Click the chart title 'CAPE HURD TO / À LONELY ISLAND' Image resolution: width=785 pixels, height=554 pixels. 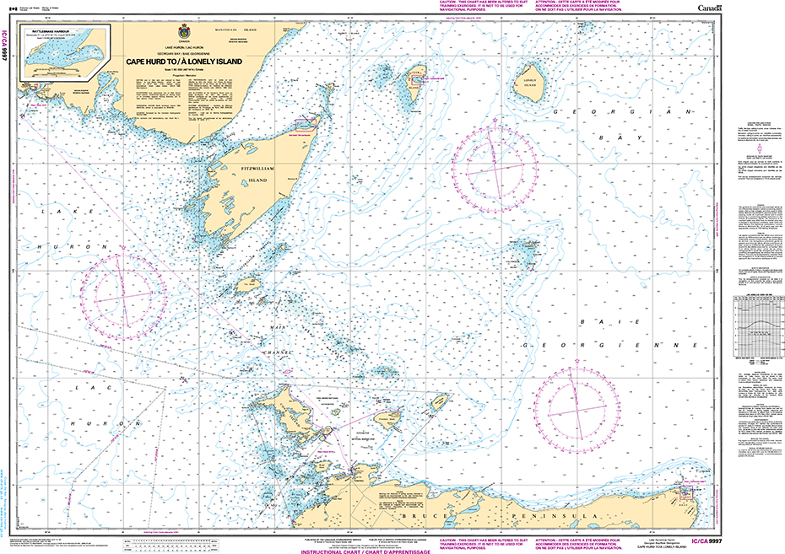click(x=184, y=61)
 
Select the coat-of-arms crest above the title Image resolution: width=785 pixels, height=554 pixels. click(x=184, y=29)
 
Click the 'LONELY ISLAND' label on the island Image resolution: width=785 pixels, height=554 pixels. click(x=530, y=83)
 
